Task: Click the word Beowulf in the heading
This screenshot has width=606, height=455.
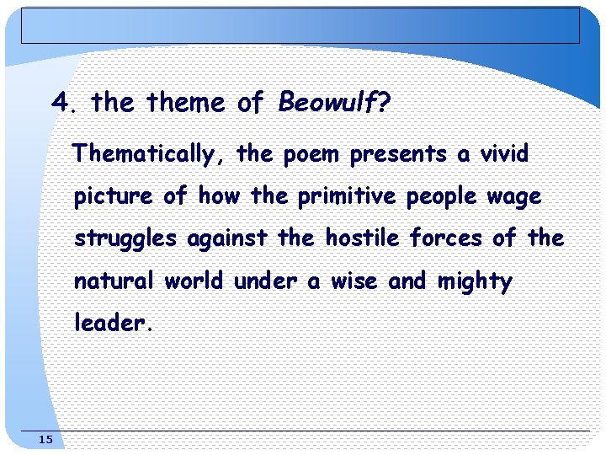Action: [327, 104]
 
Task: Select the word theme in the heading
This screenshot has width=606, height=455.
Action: [186, 104]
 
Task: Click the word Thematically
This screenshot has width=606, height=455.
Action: [144, 155]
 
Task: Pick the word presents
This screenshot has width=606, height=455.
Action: [398, 155]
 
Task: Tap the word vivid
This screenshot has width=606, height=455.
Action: [504, 155]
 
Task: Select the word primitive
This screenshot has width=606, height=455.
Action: [347, 197]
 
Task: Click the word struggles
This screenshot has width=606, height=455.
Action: [125, 239]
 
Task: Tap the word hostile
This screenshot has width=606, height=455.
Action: [364, 238]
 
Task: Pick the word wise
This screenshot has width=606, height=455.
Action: [353, 281]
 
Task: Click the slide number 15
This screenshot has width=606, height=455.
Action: [45, 440]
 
